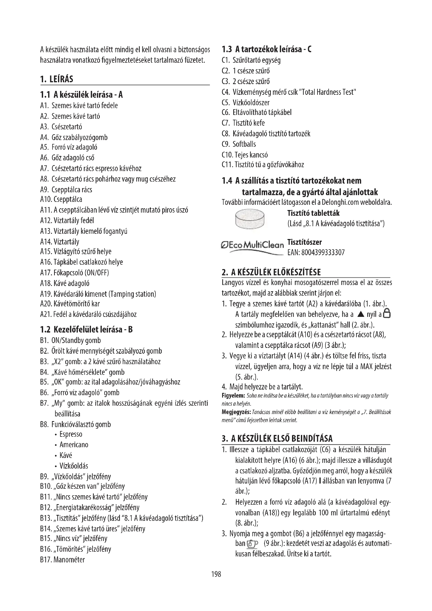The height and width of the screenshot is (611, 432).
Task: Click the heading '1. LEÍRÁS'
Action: tap(56, 79)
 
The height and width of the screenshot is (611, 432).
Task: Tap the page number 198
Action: tap(216, 574)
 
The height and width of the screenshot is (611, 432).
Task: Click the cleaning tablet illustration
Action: tap(250, 219)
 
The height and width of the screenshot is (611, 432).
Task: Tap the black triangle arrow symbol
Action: tap(360, 314)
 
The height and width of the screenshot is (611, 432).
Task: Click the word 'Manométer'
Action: tap(69, 560)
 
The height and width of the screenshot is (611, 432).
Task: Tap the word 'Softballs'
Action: tap(244, 144)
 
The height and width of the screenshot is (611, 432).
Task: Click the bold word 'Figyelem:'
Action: tap(233, 396)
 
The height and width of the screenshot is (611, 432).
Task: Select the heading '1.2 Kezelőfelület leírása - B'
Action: tap(86, 329)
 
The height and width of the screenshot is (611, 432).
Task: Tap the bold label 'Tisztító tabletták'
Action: tap(313, 213)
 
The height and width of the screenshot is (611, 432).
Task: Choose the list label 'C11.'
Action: tap(227, 165)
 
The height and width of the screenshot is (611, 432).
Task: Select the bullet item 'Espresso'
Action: tap(71, 434)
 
